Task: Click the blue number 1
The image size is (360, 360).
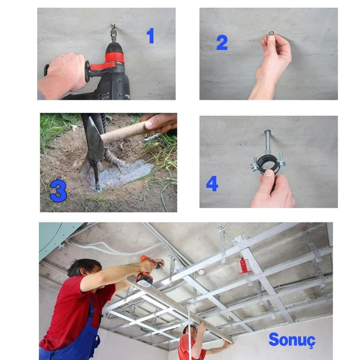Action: (150, 36)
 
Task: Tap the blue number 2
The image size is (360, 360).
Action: (222, 43)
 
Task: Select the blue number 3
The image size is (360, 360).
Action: (58, 191)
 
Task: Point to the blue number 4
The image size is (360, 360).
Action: (212, 184)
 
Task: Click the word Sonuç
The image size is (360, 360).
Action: (292, 340)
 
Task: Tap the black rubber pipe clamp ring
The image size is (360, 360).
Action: (268, 163)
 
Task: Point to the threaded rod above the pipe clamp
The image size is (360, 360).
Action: (267, 142)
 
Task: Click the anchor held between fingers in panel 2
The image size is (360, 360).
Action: (271, 33)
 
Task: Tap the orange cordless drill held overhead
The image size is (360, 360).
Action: (148, 271)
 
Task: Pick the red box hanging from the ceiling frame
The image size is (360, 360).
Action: (243, 266)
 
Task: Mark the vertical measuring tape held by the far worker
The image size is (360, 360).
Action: (189, 331)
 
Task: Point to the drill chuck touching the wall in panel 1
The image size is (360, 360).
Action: (113, 33)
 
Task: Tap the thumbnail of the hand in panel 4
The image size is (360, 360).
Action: (269, 173)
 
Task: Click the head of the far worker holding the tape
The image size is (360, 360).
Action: (190, 331)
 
